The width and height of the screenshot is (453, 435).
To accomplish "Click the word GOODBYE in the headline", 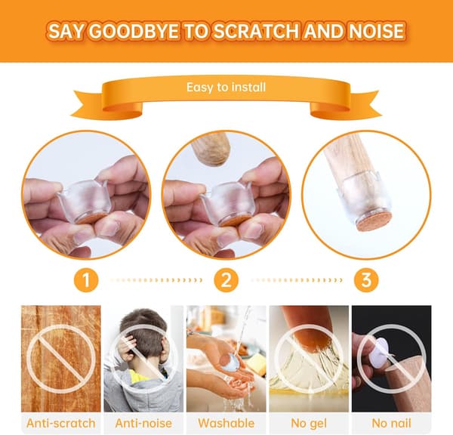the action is [x=133, y=31].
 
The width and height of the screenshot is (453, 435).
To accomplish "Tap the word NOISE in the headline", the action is [x=376, y=31].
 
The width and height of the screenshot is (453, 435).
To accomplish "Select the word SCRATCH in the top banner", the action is [x=257, y=31].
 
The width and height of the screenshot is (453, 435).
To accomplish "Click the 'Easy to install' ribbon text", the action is [x=226, y=88].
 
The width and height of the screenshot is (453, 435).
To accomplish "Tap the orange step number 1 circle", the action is [x=86, y=280].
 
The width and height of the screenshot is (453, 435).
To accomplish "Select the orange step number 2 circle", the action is [x=226, y=280].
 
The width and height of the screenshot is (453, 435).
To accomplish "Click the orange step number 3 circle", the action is [x=366, y=280].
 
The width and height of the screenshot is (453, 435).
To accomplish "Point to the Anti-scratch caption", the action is [x=61, y=424].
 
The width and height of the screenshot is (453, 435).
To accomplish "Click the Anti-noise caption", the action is [x=143, y=424].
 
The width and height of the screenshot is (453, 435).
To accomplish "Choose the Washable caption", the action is [x=226, y=424].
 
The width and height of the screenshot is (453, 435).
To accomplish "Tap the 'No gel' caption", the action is [x=309, y=424].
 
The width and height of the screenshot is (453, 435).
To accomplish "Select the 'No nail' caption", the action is [x=391, y=424].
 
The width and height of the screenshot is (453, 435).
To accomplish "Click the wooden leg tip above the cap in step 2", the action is [x=211, y=150].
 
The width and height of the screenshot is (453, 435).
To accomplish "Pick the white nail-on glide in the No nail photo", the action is [x=382, y=355].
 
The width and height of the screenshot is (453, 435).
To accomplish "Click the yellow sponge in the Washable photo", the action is [x=256, y=362].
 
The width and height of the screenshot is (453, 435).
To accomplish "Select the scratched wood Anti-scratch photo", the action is [x=61, y=359].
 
